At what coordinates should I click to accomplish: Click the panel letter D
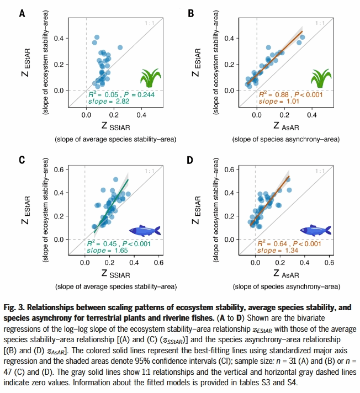pyautogui.click(x=190, y=161)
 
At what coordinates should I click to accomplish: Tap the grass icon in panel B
pyautogui.click(x=319, y=78)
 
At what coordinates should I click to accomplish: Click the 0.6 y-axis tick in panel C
pyautogui.click(x=72, y=170)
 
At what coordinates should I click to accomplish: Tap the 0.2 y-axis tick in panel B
pyautogui.click(x=243, y=64)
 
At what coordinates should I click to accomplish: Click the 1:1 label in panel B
pyautogui.click(x=319, y=24)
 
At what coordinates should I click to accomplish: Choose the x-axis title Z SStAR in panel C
pyautogui.click(x=115, y=274)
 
